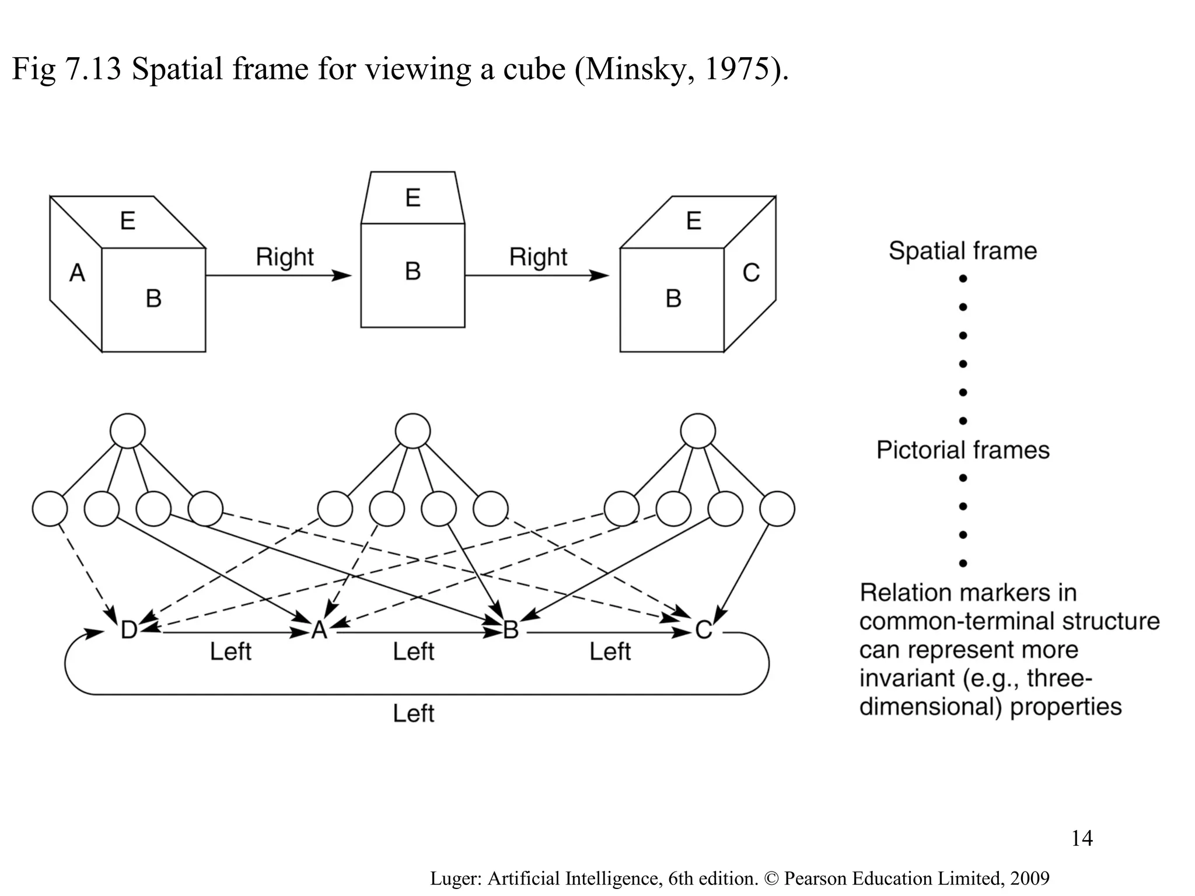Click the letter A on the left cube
[77, 273]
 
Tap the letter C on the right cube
[751, 273]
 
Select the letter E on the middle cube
[413, 198]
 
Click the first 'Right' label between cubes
[285, 257]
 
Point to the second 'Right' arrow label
[538, 257]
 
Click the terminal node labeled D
[129, 630]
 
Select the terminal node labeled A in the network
[319, 630]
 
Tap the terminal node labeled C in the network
[704, 630]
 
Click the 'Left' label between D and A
[230, 652]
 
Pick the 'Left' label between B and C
[610, 652]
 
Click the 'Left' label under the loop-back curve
[413, 713]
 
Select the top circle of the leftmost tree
[128, 431]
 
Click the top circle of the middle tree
[413, 431]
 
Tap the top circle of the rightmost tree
[698, 431]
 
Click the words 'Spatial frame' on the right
[963, 251]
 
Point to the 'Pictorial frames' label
[963, 450]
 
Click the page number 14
[1082, 838]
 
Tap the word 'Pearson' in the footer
[816, 878]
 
